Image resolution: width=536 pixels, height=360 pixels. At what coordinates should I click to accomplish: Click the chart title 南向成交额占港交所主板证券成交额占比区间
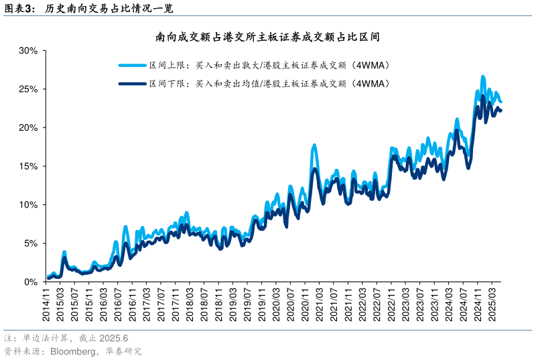[x=267, y=37]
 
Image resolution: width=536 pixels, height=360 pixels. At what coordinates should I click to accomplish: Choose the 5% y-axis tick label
[x=29, y=243]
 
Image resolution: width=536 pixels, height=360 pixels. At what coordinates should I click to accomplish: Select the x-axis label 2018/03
[x=190, y=306]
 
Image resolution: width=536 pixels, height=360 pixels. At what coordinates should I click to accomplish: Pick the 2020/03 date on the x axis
[x=276, y=306]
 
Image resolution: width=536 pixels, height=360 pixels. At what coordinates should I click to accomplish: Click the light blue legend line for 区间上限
[x=132, y=66]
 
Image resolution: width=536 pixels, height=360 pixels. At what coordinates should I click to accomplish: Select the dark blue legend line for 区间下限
[x=132, y=84]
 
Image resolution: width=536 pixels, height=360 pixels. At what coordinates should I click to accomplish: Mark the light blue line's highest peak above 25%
[x=482, y=77]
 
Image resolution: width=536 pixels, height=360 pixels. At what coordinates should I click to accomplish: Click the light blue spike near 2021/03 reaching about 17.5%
[x=314, y=145]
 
